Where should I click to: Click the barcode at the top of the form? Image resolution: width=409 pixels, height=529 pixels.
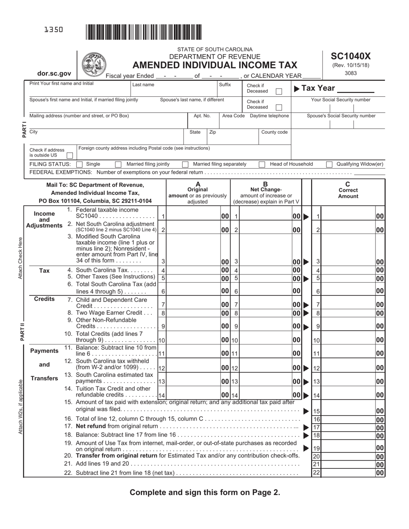point(144,33)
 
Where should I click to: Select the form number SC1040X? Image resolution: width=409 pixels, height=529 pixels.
point(350,56)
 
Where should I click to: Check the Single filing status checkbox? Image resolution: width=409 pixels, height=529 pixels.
point(79,164)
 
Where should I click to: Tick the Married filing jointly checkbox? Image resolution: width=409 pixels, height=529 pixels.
point(118,164)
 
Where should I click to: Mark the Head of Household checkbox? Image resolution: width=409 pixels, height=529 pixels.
point(262,164)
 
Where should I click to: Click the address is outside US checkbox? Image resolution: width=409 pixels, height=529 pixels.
point(69,155)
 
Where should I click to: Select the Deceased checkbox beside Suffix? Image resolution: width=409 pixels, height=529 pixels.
point(279,91)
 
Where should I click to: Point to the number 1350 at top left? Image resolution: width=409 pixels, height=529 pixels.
point(53,30)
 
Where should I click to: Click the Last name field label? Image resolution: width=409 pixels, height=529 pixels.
point(143,85)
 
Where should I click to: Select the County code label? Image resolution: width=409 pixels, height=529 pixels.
point(274,132)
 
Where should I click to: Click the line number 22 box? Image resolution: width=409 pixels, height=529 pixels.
point(316,472)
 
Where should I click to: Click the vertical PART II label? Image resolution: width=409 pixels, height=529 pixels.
point(22,331)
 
